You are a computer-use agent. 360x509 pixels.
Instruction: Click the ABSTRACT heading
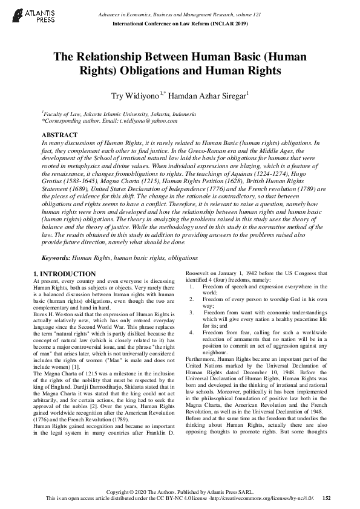pyautogui.click(x=59, y=134)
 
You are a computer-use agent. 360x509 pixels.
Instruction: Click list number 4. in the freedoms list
pyautogui.click(x=190, y=332)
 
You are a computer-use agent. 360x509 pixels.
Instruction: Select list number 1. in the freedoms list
pyautogui.click(x=190, y=287)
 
